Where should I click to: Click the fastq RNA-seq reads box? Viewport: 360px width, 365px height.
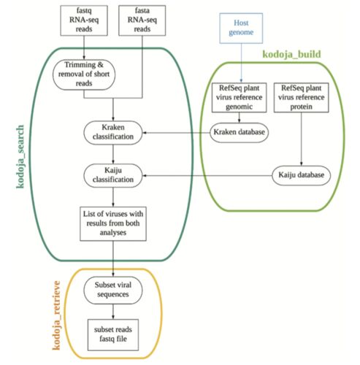point(84,20)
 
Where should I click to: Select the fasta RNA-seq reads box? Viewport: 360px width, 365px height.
point(142,20)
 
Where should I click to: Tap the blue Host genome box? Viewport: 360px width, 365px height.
point(241,28)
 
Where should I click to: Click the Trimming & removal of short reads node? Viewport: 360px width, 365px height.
point(84,74)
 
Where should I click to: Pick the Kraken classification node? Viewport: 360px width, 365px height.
point(113,133)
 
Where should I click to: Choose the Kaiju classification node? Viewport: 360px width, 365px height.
point(113,175)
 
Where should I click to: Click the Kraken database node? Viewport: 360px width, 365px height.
point(240,133)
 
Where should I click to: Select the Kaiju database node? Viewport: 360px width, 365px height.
point(301,175)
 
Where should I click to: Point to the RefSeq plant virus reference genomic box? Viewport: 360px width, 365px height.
point(240,98)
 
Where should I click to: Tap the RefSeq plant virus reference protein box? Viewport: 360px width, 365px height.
point(302,98)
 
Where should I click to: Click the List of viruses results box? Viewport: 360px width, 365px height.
point(113,224)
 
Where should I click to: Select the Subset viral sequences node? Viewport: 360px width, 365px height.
point(113,290)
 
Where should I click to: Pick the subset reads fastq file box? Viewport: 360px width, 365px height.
point(113,335)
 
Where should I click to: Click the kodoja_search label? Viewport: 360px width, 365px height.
point(20,157)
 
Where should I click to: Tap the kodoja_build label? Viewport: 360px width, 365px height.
point(291,54)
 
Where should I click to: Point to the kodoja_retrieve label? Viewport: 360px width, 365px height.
point(56,315)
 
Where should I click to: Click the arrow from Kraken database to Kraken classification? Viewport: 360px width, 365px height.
point(176,133)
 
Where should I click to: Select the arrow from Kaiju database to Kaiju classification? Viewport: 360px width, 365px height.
point(207,176)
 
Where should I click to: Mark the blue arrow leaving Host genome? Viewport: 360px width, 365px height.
point(241,63)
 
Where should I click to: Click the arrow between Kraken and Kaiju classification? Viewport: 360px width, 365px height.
point(113,154)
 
